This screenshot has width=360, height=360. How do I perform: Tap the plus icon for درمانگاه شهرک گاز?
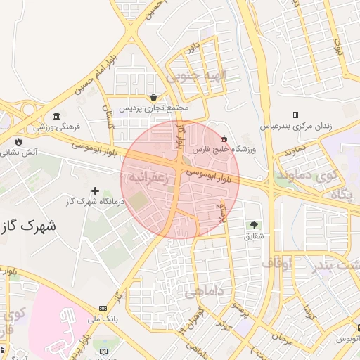click(96, 191)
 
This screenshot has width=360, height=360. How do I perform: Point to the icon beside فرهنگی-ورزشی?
click(56, 116)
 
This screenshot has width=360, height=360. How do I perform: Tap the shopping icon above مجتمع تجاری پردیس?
click(154, 97)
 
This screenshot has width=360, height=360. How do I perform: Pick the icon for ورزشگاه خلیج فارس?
click(224, 138)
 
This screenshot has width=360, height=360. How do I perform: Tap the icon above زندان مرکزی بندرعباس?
click(295, 115)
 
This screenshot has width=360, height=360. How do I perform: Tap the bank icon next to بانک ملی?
click(103, 308)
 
